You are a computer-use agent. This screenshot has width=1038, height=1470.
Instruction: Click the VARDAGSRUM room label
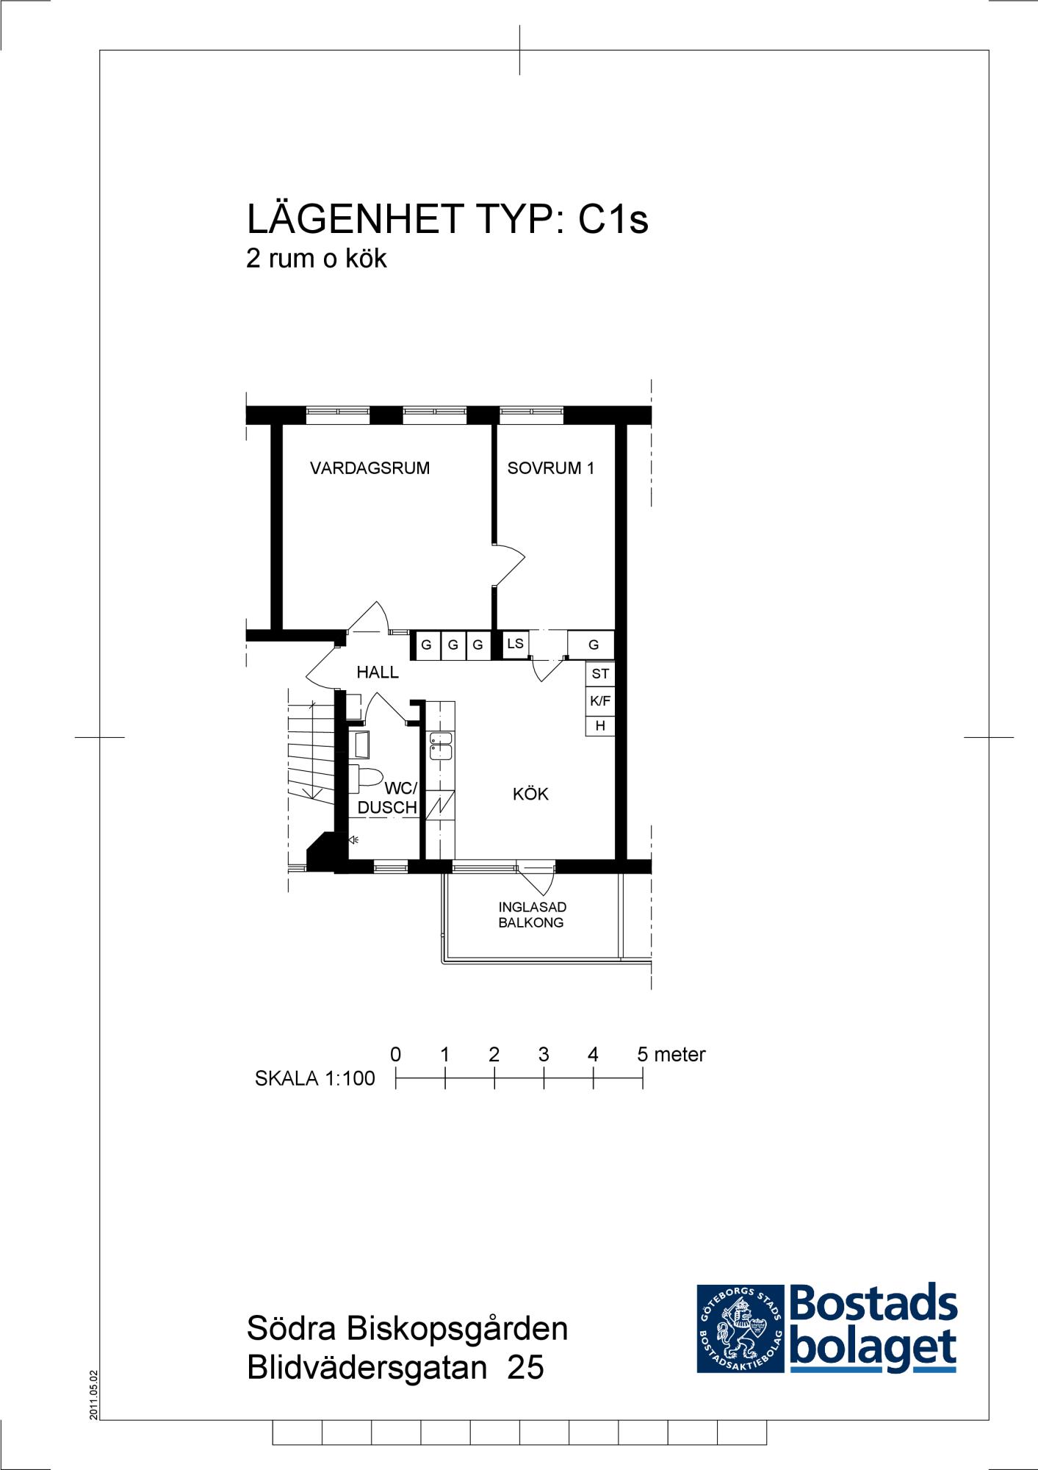coord(370,468)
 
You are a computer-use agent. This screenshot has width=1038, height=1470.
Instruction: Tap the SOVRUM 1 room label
coord(551,468)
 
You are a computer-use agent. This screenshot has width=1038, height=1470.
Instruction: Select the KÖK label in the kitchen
coord(530,794)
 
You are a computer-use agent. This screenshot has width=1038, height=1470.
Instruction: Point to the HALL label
coord(378,672)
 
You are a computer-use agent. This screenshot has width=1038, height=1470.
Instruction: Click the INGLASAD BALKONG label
coord(532,915)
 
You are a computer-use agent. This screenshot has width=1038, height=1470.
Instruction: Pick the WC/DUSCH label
coord(388,798)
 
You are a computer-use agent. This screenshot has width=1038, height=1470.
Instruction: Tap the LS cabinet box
coord(516,644)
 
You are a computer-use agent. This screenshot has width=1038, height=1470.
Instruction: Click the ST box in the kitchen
coord(600,673)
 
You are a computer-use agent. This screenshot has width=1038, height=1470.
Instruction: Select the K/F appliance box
coord(600,700)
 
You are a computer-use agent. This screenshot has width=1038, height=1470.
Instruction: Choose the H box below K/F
coord(600,725)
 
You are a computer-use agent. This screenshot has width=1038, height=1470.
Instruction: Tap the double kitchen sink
coord(441,745)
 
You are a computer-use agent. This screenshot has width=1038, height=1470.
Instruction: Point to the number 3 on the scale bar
coord(544,1055)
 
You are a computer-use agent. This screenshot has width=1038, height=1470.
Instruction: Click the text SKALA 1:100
coord(314,1078)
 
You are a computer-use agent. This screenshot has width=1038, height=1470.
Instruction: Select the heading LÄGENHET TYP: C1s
coord(447,218)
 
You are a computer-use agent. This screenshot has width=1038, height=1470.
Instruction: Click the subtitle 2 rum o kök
coord(317,258)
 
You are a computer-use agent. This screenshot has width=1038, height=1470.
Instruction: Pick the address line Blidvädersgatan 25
coord(395,1368)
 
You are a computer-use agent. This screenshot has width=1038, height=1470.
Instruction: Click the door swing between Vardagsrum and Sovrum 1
coord(509,565)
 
